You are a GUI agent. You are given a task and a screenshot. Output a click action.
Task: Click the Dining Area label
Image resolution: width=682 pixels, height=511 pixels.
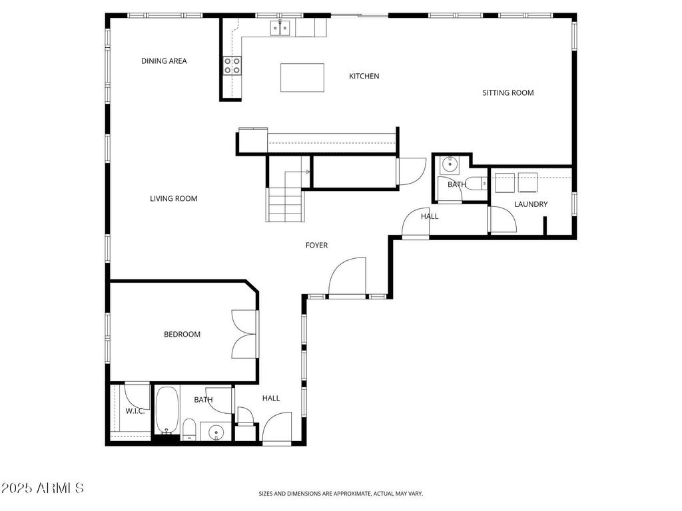tap(164, 61)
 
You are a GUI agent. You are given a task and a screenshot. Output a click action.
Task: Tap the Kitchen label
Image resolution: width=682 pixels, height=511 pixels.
tap(364, 77)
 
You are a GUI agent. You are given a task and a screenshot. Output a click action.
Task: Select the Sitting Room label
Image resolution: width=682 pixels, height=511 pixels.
tap(508, 93)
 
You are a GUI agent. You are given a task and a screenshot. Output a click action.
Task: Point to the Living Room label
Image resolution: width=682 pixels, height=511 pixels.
tap(174, 199)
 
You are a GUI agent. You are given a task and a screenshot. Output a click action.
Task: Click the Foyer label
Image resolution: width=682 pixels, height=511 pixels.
tap(316, 246)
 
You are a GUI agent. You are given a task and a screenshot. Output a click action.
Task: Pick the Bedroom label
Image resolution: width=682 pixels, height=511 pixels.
tap(182, 335)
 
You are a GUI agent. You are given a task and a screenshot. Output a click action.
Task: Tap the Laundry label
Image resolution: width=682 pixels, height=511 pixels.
tap(531, 204)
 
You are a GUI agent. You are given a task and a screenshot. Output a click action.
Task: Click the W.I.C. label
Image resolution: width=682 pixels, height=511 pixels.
tap(135, 411)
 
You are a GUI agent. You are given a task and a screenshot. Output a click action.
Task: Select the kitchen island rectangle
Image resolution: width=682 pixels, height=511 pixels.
tap(302, 78)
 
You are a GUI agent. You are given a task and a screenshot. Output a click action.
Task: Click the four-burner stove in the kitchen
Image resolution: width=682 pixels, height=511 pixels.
tap(232, 66)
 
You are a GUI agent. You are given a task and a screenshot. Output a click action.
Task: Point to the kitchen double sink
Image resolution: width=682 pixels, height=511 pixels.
tap(280, 28)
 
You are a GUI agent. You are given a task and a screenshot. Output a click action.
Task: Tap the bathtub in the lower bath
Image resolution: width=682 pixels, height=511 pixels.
tap(167, 410)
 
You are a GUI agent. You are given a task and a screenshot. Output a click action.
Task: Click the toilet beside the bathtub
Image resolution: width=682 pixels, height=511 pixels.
tap(189, 429)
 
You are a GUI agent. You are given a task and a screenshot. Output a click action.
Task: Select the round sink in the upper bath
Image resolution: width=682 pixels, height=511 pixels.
tap(448, 165)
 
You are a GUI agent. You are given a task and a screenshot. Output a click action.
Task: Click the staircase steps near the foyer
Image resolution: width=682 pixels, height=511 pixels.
tap(285, 204)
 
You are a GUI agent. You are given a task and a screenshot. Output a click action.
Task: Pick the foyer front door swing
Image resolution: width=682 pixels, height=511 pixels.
tap(347, 276)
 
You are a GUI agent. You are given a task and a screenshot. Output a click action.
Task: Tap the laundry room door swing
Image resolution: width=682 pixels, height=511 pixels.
tap(503, 220)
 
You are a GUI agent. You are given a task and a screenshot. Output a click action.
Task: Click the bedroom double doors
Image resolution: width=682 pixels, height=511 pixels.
tap(244, 334)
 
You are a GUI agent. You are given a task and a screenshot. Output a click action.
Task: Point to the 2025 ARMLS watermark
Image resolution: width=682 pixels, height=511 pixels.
tap(42, 488)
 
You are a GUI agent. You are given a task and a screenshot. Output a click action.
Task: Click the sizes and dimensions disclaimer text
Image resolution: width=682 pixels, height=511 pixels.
tap(340, 494)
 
